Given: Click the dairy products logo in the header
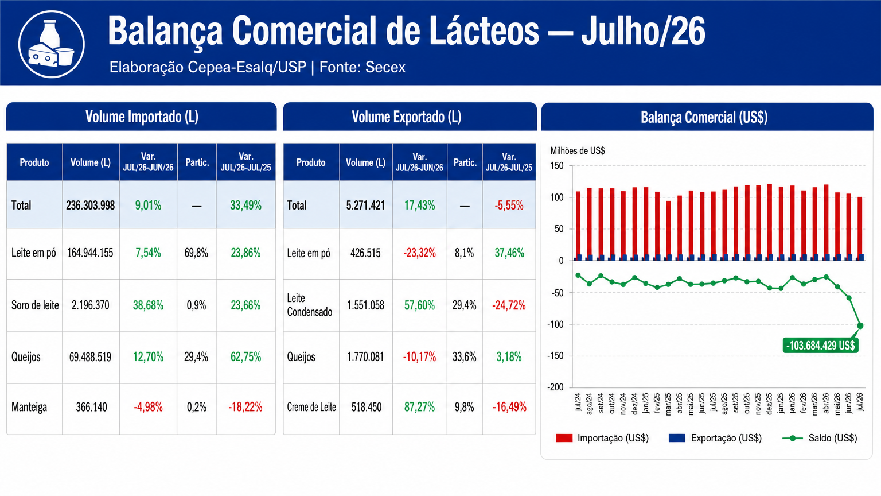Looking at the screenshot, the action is pos(52,44).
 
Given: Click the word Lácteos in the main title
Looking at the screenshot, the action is pos(484,31).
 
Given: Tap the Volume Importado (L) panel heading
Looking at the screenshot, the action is pos(142,117).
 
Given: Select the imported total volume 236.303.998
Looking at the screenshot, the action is pos(91,205).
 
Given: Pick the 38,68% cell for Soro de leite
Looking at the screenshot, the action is pos(149,305).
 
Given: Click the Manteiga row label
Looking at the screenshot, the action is pos(29,406).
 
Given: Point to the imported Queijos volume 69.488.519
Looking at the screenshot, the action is pos(91,356).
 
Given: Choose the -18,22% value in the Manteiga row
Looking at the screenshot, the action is pos(245,406).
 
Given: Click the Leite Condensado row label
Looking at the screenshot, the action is pos(310,305).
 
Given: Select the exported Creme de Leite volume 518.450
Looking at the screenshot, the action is pos(366,406).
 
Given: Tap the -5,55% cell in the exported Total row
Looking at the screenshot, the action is pos(509,205).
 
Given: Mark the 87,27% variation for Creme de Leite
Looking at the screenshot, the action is pos(420,406).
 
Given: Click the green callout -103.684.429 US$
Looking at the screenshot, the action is pos(820,345).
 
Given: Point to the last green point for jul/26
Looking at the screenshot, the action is pos(860,325).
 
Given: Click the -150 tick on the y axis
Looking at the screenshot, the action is pos(555,356).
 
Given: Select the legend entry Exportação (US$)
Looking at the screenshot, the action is pos(715,438).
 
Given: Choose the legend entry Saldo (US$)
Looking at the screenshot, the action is pos(820,438).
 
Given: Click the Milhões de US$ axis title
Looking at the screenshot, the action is pos(578,150).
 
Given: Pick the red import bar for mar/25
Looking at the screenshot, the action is pos(668,231).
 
